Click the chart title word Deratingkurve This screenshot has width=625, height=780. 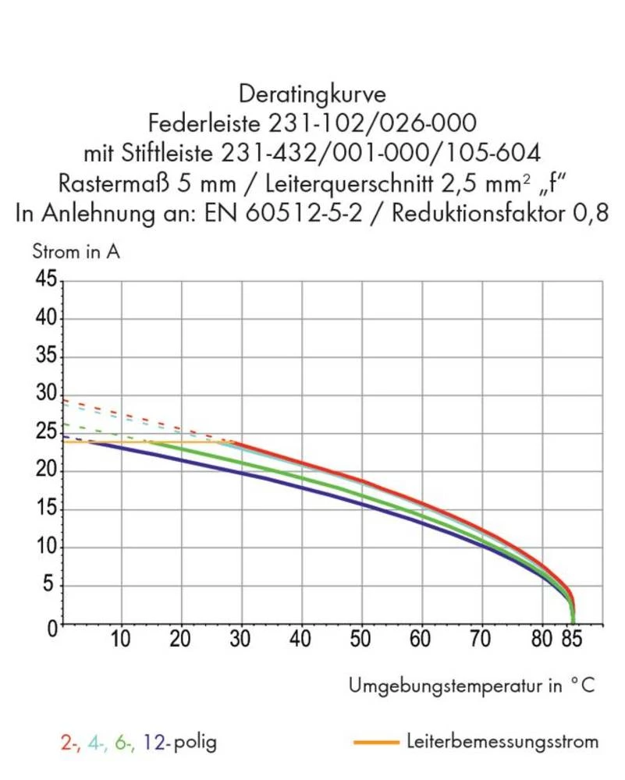(312, 95)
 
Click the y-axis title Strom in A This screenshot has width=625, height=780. (75, 252)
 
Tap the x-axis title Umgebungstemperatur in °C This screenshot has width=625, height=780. (472, 686)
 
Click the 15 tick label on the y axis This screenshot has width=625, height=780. (44, 510)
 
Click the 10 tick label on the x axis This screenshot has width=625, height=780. (120, 641)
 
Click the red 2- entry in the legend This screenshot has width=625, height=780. (69, 741)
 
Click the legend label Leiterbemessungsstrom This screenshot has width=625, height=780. (502, 741)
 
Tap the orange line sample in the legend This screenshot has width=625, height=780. (376, 742)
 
